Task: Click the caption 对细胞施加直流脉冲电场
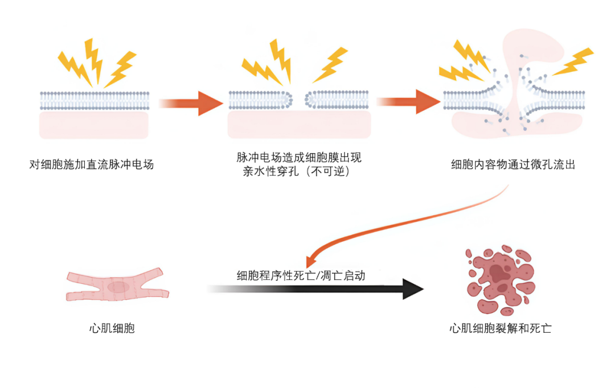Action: pos(91,166)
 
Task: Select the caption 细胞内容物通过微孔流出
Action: pos(512,166)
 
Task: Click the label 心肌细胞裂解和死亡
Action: pos(500,328)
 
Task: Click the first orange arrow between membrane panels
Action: pos(194,103)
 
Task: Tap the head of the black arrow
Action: pos(413,288)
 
